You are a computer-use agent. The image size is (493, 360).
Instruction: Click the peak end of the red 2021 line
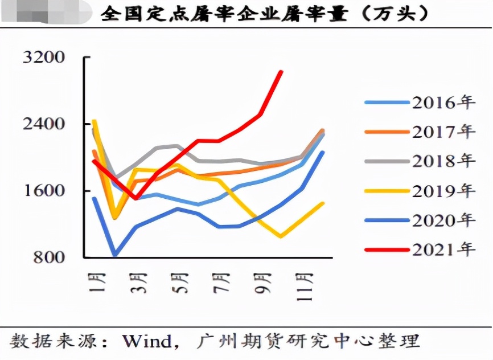coord(281,72)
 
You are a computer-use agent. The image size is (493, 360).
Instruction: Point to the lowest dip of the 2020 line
coord(115,254)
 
